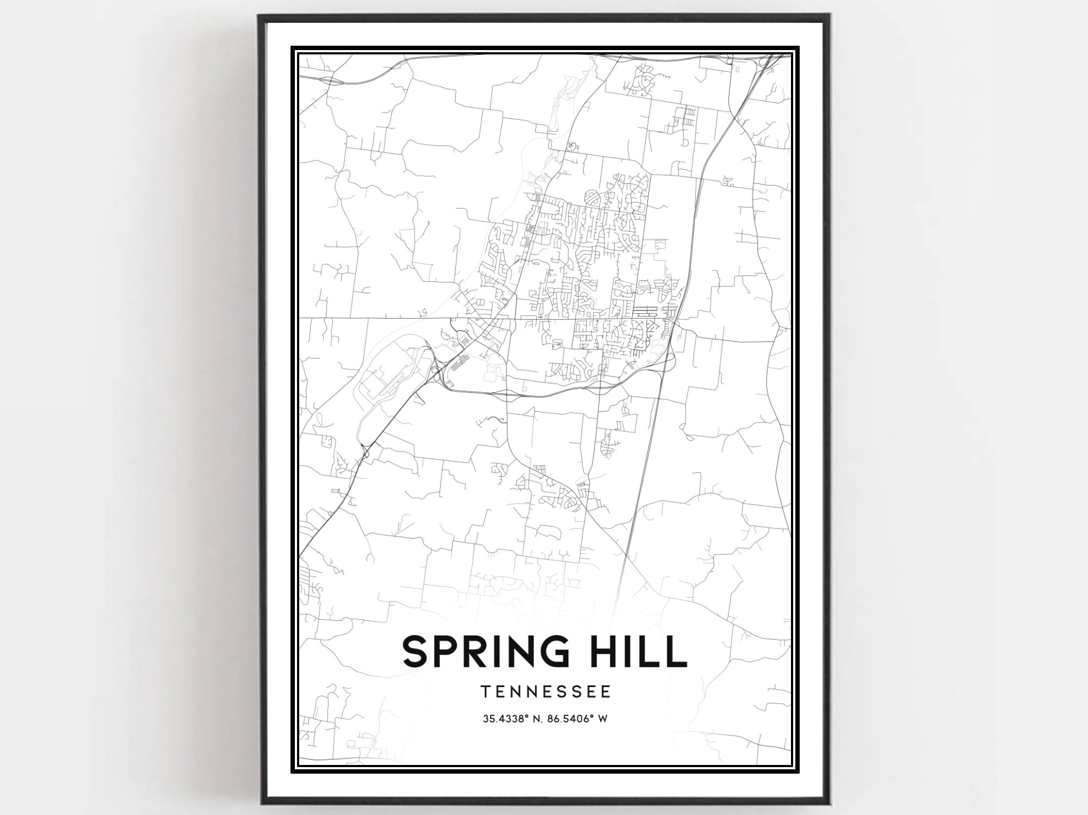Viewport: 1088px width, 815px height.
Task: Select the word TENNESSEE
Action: point(546,691)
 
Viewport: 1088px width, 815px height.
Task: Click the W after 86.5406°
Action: point(602,719)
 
